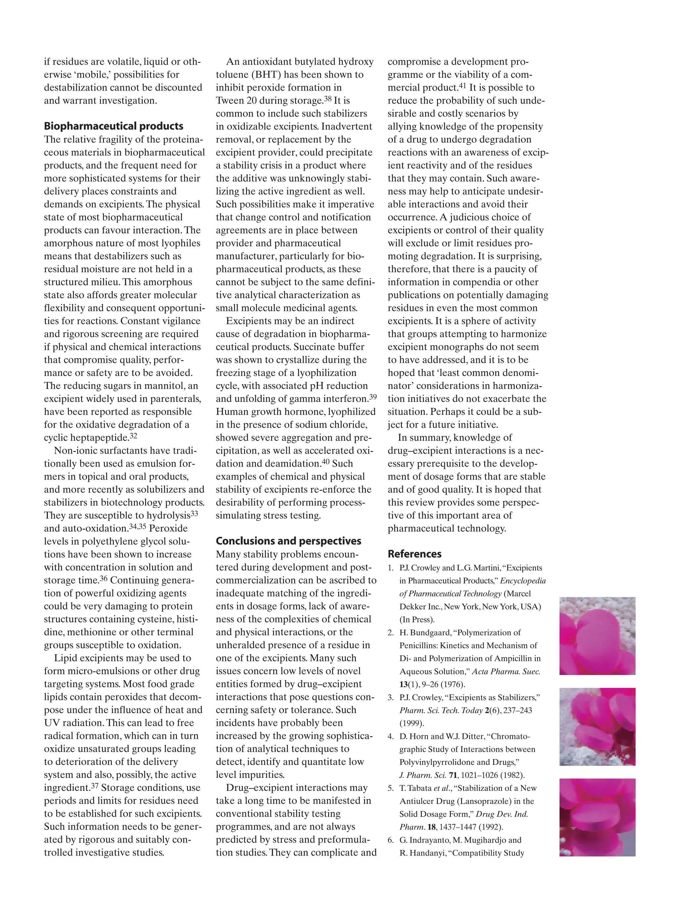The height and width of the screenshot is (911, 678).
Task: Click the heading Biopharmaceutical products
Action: coord(114,126)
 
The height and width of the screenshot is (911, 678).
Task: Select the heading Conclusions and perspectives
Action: coord(289,541)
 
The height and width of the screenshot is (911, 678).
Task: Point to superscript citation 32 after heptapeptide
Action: coord(133,435)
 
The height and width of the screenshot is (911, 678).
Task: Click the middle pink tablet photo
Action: coord(597,726)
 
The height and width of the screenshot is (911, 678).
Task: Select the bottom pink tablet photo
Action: coord(597,817)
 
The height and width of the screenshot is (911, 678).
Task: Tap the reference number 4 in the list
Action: coord(390,736)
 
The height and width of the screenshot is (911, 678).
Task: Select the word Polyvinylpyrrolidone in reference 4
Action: coord(435,762)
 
